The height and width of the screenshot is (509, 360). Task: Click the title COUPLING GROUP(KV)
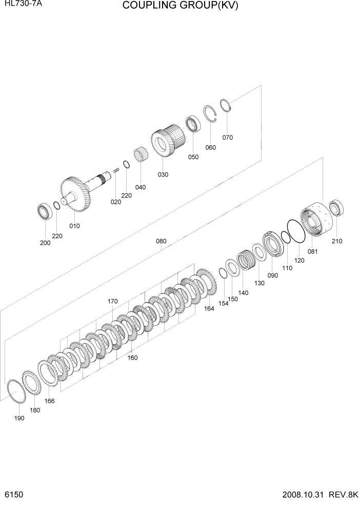181,6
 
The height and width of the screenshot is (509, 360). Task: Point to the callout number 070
227,137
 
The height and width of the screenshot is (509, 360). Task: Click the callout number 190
19,419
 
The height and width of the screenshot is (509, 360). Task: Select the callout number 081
312,251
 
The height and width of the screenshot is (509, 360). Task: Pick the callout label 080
161,241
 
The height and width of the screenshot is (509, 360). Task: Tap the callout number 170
113,302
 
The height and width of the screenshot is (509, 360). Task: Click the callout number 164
209,308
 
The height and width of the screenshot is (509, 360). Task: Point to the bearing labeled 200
44,212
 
